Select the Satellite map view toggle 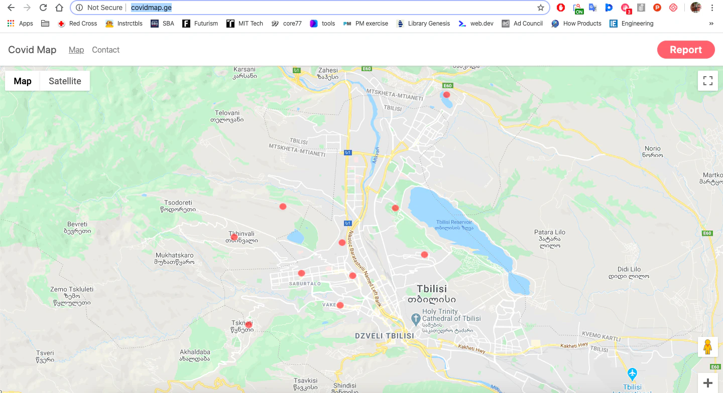(x=65, y=81)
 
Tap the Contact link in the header (x=105, y=50)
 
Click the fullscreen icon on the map (x=707, y=81)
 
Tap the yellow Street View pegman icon (x=707, y=347)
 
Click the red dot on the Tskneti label (x=249, y=325)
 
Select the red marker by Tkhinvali (x=234, y=237)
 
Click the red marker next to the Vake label (x=340, y=305)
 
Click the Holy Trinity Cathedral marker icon (x=415, y=318)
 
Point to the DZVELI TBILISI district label (x=384, y=336)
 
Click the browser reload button (x=43, y=8)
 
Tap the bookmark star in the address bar (x=541, y=8)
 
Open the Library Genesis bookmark (x=428, y=24)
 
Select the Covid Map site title (x=32, y=50)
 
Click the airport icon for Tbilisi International (x=632, y=374)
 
